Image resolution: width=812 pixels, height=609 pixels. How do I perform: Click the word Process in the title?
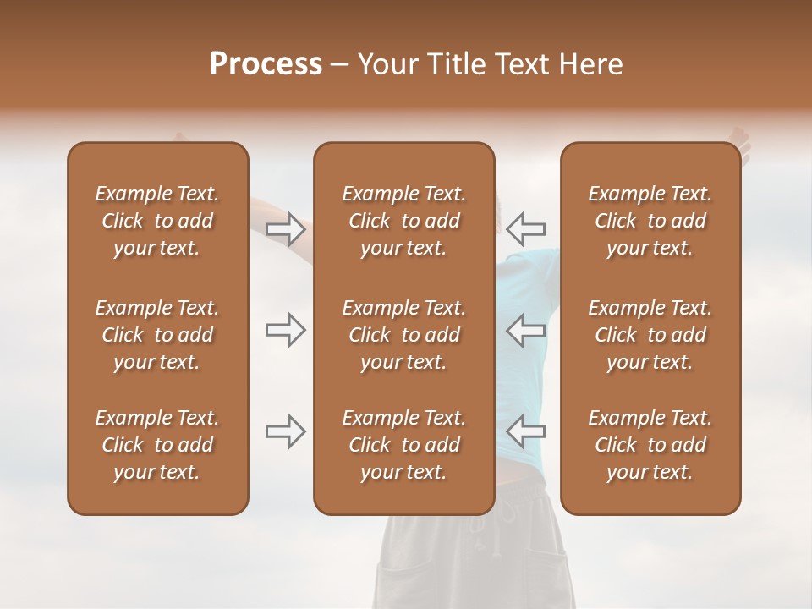coord(266,64)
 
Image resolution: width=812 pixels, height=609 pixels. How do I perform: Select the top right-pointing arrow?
coord(285,229)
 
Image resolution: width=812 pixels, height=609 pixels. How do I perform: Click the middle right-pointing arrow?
coord(285,330)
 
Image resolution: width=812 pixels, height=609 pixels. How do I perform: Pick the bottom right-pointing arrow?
coord(285,431)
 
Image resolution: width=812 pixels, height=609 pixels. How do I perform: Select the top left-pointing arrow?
coord(526,229)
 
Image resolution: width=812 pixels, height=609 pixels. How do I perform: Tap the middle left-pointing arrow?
coord(526,330)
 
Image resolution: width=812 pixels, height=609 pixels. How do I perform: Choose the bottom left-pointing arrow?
coord(526,431)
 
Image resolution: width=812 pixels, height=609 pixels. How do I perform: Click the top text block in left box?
coord(157,221)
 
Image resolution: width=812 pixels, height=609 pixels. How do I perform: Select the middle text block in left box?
coord(157,335)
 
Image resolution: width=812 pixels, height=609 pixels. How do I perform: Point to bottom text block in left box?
coord(157,445)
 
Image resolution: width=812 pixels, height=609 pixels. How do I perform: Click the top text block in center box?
coord(403,221)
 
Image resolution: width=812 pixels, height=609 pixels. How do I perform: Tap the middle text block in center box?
coord(403,335)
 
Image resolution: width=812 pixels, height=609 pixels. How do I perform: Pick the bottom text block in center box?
coord(403,445)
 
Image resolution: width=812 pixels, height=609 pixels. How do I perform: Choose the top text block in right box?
coord(650,221)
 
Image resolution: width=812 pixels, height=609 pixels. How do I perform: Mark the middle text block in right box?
coord(650,335)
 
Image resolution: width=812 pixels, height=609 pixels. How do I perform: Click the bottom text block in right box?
coord(650,445)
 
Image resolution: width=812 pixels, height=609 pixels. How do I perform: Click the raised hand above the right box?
coord(741,140)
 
